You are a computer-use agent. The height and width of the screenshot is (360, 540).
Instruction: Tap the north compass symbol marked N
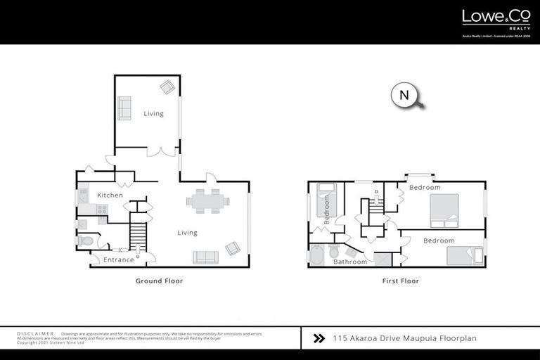(x=404, y=96)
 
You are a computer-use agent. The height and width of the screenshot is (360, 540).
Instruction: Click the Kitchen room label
(x=110, y=195)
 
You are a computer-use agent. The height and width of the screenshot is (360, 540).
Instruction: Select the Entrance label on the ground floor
(x=118, y=260)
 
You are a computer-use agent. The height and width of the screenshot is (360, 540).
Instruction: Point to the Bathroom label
(x=349, y=262)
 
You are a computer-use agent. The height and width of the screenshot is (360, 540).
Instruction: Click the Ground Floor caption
(x=159, y=281)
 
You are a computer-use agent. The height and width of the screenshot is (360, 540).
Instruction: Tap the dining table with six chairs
(x=207, y=200)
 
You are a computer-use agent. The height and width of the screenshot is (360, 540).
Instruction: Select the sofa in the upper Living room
(x=124, y=108)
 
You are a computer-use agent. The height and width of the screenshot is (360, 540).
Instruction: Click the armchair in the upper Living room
(x=167, y=87)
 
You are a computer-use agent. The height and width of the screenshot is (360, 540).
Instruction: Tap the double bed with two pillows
(x=444, y=211)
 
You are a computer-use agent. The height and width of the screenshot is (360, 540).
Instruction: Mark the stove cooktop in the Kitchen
(x=101, y=209)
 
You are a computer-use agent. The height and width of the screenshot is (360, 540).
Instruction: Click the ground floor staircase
(x=138, y=233)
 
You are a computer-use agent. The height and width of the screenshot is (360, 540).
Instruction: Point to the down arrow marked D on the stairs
(x=377, y=191)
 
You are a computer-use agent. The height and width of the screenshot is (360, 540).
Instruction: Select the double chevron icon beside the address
(x=319, y=338)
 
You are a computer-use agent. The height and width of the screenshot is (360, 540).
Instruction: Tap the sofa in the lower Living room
(x=205, y=257)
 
